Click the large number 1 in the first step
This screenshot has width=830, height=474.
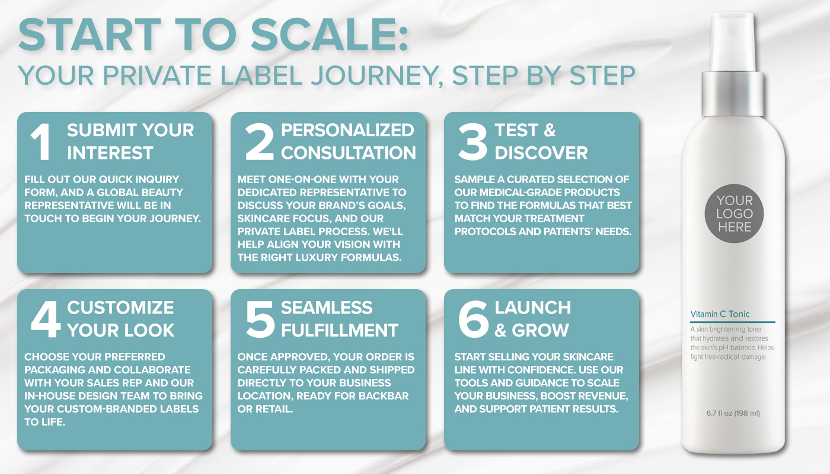[41, 142]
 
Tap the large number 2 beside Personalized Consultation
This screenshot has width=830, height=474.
[259, 142]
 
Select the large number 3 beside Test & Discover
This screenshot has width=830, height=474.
[473, 142]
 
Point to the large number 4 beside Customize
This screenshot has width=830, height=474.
[46, 320]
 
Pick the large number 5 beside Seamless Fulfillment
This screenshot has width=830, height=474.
[259, 320]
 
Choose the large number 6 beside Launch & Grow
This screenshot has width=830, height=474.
[473, 320]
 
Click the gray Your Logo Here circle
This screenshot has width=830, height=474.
[734, 214]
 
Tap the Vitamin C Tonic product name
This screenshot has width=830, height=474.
[720, 314]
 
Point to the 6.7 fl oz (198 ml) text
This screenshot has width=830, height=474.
[733, 413]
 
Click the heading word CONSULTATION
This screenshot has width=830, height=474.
[349, 153]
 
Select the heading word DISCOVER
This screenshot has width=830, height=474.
[541, 153]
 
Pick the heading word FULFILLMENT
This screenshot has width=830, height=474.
[340, 330]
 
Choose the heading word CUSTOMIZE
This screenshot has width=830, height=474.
[120, 308]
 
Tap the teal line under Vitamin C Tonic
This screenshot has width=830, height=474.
[733, 322]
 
